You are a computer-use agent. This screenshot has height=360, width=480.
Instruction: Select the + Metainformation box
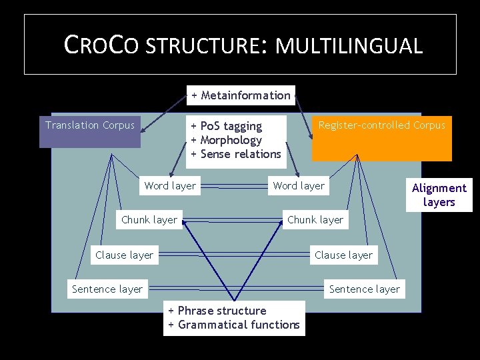[241, 95]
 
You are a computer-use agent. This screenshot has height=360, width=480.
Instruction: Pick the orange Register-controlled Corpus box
[381, 137]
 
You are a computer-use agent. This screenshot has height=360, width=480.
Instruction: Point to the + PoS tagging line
[227, 126]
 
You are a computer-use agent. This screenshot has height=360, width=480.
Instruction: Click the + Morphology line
[227, 140]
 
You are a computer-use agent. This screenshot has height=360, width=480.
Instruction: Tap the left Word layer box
[170, 186]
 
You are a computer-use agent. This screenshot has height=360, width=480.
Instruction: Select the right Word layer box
[299, 186]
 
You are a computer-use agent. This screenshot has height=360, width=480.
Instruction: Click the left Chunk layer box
[149, 220]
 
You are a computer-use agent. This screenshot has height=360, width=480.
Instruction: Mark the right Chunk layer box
[315, 220]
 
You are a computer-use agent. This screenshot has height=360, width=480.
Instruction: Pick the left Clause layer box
[124, 255]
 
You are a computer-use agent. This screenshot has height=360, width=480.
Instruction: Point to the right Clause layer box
[343, 255]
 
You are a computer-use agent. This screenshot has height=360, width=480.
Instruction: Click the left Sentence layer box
[107, 289]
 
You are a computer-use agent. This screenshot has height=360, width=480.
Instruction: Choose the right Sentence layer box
[365, 289]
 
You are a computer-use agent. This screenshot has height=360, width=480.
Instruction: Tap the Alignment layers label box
[439, 195]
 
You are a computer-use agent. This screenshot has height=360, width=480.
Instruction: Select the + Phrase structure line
[217, 311]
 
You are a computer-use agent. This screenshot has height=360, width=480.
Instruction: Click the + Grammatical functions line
[234, 325]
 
